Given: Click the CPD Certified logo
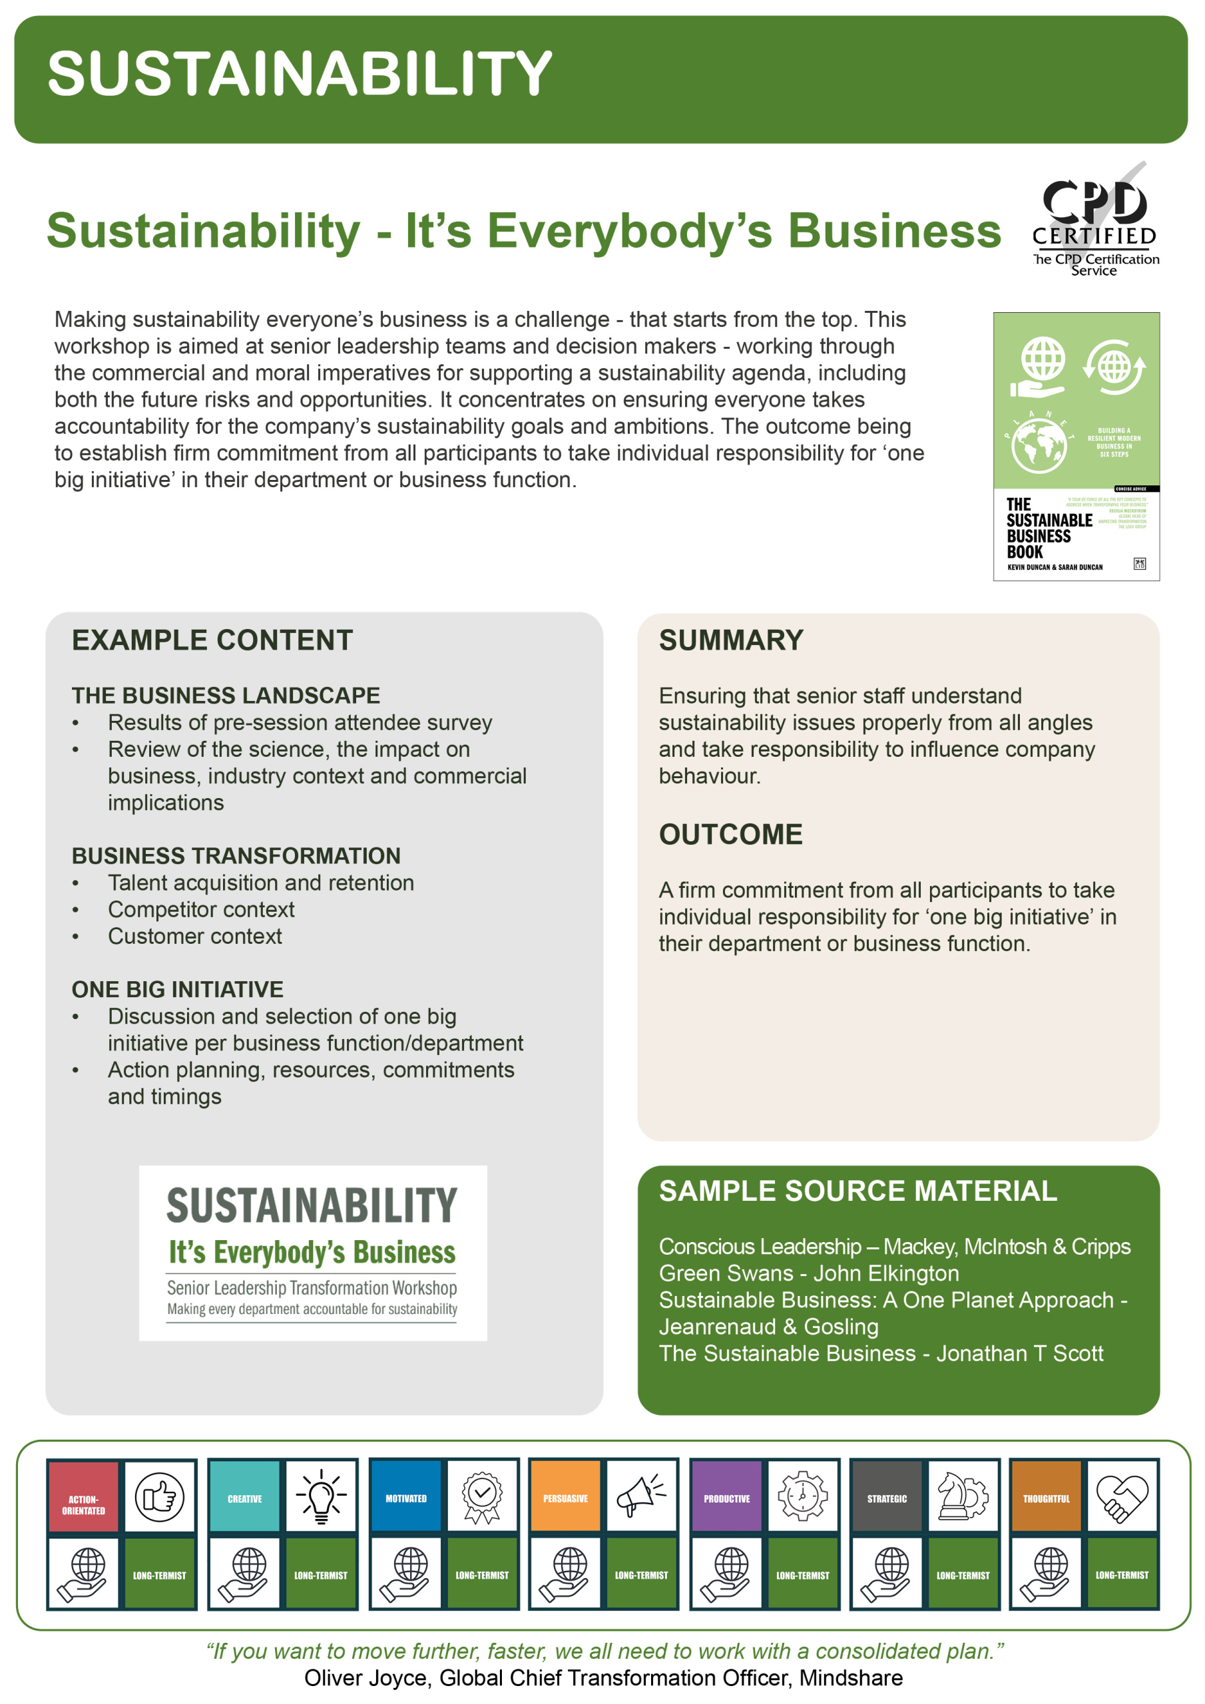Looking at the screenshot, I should pyautogui.click(x=1094, y=220).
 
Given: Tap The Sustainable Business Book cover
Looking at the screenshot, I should pyautogui.click(x=1076, y=446).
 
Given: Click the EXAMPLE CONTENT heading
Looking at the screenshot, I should pyautogui.click(x=212, y=640).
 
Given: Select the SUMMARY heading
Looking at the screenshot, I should pyautogui.click(x=730, y=640).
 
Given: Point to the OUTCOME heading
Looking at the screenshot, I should pyautogui.click(x=730, y=834).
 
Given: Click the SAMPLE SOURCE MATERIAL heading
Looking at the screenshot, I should pyautogui.click(x=857, y=1191).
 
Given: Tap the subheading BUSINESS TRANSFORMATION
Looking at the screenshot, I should pyautogui.click(x=236, y=856).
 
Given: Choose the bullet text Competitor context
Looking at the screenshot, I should pyautogui.click(x=200, y=909).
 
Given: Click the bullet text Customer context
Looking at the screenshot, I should pyautogui.click(x=194, y=936).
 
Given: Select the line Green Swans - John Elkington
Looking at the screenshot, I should pyautogui.click(x=808, y=1273).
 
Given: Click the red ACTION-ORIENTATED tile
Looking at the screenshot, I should pyautogui.click(x=84, y=1497).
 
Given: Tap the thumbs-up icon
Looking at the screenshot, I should pyautogui.click(x=159, y=1497).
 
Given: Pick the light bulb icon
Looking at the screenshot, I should pyautogui.click(x=321, y=1497).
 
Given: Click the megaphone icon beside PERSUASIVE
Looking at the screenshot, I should pyautogui.click(x=640, y=1497).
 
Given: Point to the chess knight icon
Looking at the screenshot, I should pyautogui.click(x=962, y=1497).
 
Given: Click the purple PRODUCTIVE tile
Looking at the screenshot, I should pyautogui.click(x=726, y=1497).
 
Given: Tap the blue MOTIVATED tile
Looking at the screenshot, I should pyautogui.click(x=405, y=1497).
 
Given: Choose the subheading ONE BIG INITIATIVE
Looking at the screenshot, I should pyautogui.click(x=178, y=989).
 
